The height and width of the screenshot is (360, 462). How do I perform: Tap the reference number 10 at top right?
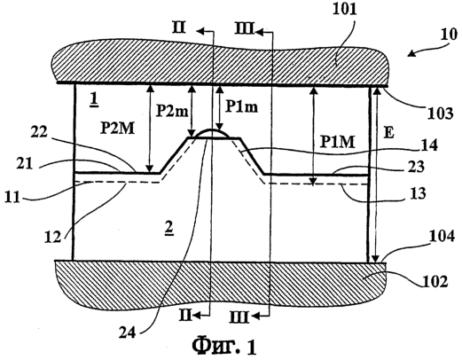[x=449, y=35]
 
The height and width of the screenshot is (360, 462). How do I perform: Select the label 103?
[x=441, y=113]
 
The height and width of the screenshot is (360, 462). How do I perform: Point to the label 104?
[x=442, y=237]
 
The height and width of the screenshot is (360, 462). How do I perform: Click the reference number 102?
[x=435, y=281]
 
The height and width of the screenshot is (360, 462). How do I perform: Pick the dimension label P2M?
[x=117, y=129]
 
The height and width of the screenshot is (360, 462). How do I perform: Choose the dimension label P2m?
[x=172, y=111]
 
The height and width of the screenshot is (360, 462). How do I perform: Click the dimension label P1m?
[x=241, y=106]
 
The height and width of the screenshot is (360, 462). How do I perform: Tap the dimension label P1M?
[x=337, y=142]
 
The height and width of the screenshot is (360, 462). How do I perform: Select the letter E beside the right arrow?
[x=389, y=133]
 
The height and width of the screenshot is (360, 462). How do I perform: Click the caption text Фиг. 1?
[x=224, y=345]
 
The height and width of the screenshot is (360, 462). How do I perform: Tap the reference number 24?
[x=128, y=333]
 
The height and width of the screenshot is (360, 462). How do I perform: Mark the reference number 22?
[x=39, y=132]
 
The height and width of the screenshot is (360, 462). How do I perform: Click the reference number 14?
[x=428, y=145]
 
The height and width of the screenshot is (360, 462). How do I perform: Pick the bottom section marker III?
[x=239, y=318]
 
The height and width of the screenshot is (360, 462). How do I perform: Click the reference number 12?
[x=53, y=237]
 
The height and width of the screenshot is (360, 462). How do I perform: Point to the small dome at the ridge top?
[x=213, y=133]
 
